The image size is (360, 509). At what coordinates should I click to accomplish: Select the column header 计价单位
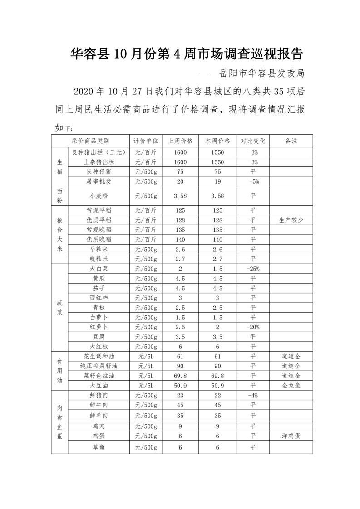[146, 141]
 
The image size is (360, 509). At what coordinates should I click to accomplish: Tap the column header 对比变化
[253, 141]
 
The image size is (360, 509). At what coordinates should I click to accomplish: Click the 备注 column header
[291, 141]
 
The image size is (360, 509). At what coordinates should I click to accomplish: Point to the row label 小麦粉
[99, 196]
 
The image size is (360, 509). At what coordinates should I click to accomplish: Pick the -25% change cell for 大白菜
[253, 269]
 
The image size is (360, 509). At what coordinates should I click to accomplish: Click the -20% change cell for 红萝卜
[253, 327]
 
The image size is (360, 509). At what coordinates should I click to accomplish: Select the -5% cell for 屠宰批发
[253, 181]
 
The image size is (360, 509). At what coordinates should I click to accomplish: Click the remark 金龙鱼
[291, 385]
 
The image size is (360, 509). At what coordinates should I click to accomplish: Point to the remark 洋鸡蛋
[291, 436]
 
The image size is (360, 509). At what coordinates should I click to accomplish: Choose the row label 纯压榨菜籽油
[99, 366]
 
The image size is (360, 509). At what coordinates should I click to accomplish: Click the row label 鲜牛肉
[99, 405]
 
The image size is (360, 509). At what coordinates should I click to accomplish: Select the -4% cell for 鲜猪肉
[253, 395]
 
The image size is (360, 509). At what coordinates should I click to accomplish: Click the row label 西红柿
[99, 298]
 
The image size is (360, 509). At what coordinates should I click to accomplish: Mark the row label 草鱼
[99, 448]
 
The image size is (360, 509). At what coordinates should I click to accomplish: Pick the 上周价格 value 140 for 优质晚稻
[180, 240]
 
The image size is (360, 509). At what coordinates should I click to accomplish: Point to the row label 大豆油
[99, 385]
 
